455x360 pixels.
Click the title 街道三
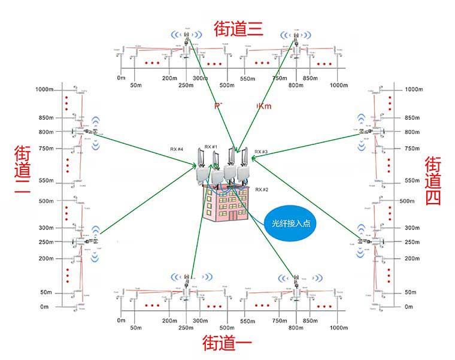tap(238, 29)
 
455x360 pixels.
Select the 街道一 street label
tap(227, 344)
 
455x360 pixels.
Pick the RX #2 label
tap(262, 189)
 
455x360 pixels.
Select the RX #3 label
tap(261, 152)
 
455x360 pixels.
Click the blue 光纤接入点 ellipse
tap(290, 223)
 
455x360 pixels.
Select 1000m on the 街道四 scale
tap(413, 89)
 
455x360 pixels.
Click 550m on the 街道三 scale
tap(248, 78)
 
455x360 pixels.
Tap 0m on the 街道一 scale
tap(122, 320)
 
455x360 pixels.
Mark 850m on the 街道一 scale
tap(310, 320)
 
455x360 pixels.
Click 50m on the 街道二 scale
tap(47, 292)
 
